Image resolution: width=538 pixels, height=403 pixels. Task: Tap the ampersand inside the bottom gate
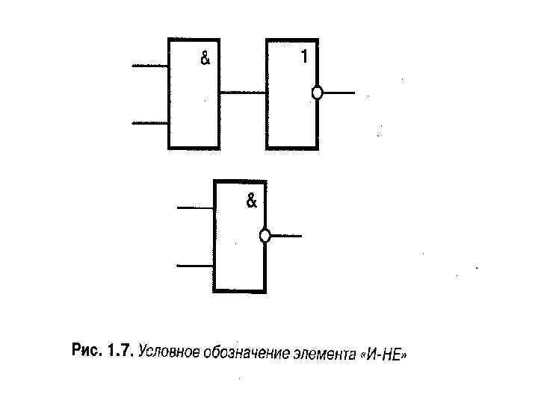pyautogui.click(x=251, y=201)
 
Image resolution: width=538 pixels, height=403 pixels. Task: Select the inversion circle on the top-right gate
pyautogui.click(x=317, y=93)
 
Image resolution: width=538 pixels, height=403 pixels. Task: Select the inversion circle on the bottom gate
pyautogui.click(x=264, y=236)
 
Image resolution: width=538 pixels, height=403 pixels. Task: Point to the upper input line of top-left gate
pyautogui.click(x=149, y=66)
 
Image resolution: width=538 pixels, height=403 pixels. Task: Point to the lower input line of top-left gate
pyautogui.click(x=149, y=122)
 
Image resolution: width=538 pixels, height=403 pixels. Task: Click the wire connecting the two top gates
pyautogui.click(x=243, y=93)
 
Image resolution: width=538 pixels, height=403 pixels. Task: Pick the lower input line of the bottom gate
pyautogui.click(x=195, y=264)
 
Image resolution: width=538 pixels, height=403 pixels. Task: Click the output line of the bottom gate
pyautogui.click(x=285, y=236)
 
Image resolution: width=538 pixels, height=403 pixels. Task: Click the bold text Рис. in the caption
pyautogui.click(x=86, y=349)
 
